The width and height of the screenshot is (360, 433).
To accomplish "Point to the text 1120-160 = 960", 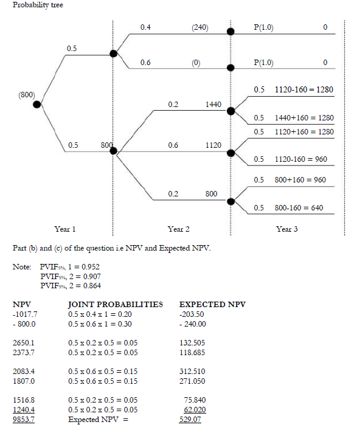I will [x=300, y=160].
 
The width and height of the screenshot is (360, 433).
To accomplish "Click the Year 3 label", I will [x=286, y=229].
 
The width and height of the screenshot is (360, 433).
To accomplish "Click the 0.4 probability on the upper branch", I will [x=145, y=27].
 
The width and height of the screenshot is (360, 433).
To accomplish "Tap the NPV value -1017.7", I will [x=25, y=314].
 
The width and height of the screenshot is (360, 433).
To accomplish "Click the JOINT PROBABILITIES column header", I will [x=116, y=304].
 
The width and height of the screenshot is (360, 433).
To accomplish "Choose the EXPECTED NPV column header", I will [x=212, y=304].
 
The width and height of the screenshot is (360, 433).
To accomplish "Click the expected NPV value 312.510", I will [x=193, y=371].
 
